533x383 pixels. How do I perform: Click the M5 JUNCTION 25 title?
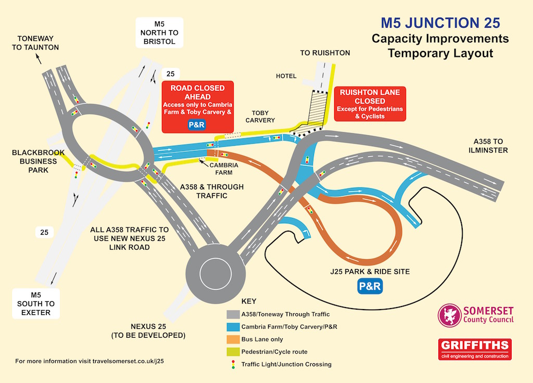[x=440, y=23]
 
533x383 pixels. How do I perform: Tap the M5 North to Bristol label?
[x=159, y=33]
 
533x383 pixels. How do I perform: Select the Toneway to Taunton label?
[x=35, y=43]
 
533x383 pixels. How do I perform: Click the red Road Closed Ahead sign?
[x=197, y=107]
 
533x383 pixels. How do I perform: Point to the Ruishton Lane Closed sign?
[x=370, y=104]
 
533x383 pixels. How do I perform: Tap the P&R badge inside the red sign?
[x=196, y=125]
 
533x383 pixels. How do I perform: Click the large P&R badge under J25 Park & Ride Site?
[x=370, y=286]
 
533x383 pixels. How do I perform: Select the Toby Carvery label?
[x=260, y=117]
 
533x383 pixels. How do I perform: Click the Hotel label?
[x=286, y=76]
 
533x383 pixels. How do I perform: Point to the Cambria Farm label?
[x=224, y=169]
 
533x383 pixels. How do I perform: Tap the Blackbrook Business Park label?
[x=38, y=161]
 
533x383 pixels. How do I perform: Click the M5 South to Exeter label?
[x=36, y=304]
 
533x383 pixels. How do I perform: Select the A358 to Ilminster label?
[x=488, y=146]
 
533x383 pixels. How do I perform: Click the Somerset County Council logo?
[x=476, y=315]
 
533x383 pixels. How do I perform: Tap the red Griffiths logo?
[x=475, y=349]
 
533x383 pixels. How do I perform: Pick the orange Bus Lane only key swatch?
[x=233, y=339]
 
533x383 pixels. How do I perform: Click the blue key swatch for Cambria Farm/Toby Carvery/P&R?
[x=233, y=327]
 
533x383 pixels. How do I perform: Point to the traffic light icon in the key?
[x=233, y=364]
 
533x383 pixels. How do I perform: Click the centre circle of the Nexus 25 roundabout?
[x=215, y=274]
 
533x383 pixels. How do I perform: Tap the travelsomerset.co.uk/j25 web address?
[x=128, y=361]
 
